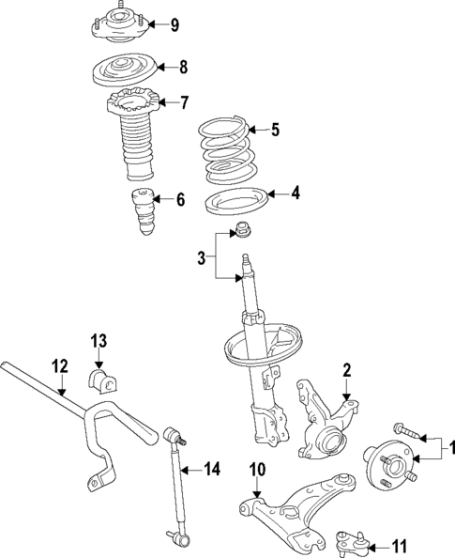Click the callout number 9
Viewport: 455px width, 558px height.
pos(174,24)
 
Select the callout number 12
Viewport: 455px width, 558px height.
pos(60,366)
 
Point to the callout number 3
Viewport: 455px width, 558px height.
pos(202,256)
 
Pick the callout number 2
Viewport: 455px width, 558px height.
pos(346,370)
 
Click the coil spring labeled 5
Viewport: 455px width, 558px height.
pos(227,150)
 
